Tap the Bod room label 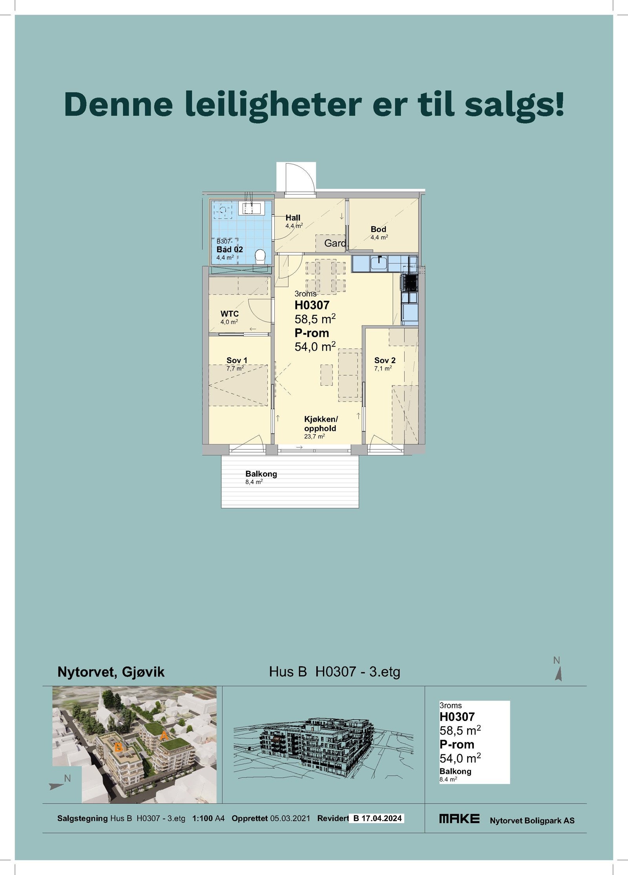(x=378, y=229)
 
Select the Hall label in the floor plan (x=293, y=218)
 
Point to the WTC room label (x=230, y=314)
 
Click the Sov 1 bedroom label (x=237, y=360)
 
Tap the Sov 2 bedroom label (x=385, y=360)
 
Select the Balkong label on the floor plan (x=261, y=474)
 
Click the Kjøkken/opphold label (x=320, y=424)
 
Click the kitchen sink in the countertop (x=379, y=263)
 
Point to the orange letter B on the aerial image (x=118, y=748)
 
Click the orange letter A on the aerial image (x=164, y=736)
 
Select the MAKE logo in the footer (x=459, y=819)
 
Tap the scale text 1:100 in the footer (x=203, y=819)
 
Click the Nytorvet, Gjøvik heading (x=111, y=672)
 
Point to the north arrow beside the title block (x=559, y=674)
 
